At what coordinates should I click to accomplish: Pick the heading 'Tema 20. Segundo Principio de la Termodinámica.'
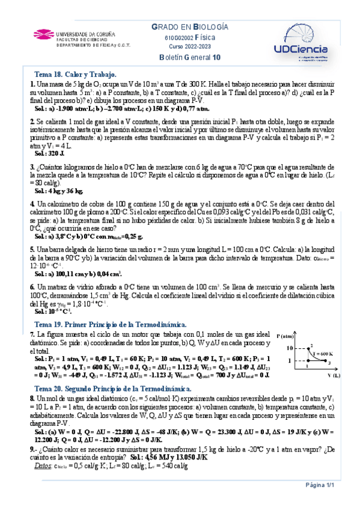[114, 389]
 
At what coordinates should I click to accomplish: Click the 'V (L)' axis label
[334, 374]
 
